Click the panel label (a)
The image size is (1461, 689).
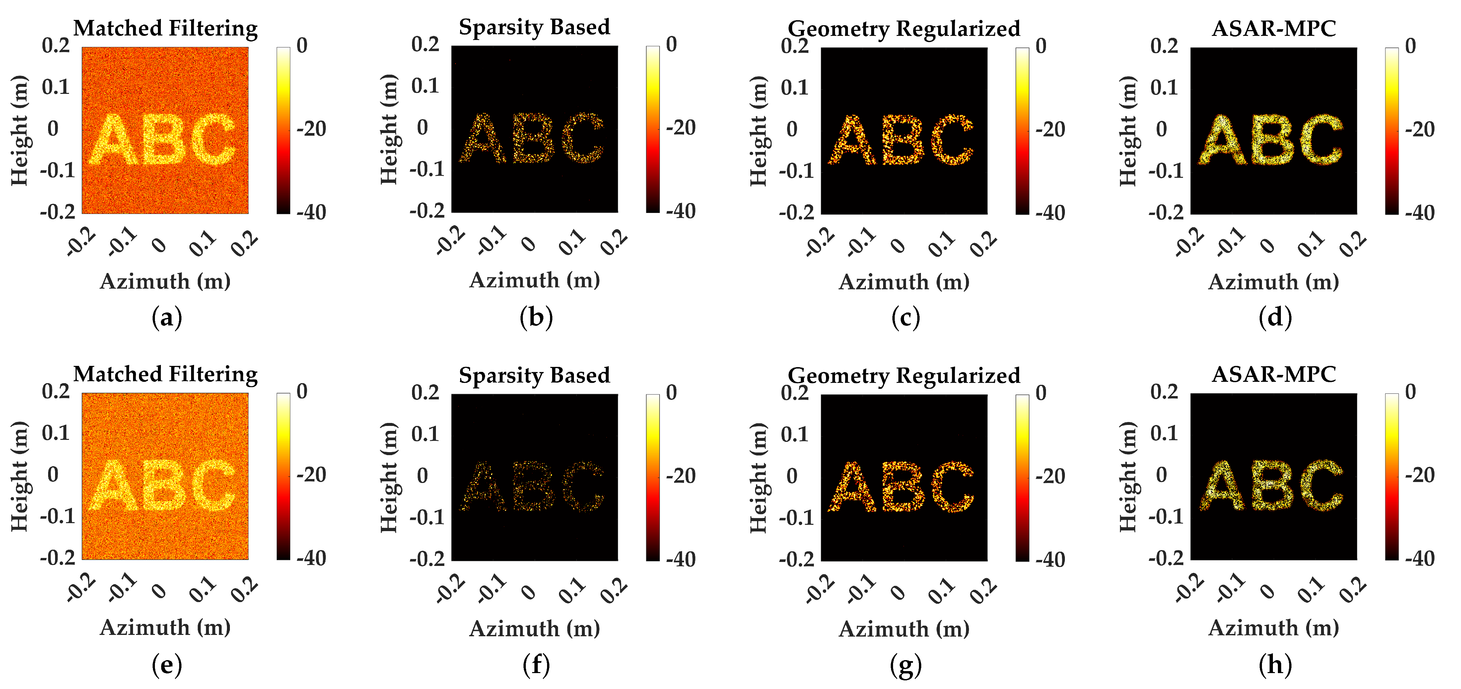pyautogui.click(x=167, y=317)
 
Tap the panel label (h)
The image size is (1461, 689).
pyautogui.click(x=1275, y=664)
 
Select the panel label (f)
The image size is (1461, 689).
pyautogui.click(x=536, y=664)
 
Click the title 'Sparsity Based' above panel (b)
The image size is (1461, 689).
pyautogui.click(x=534, y=27)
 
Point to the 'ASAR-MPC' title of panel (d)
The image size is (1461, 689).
pyautogui.click(x=1274, y=28)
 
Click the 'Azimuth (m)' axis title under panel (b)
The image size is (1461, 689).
pyautogui.click(x=534, y=280)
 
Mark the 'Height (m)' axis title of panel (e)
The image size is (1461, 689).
pyautogui.click(x=19, y=476)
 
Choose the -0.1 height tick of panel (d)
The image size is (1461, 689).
pyautogui.click(x=1165, y=171)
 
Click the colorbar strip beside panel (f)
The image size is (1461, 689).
pyautogui.click(x=653, y=477)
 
